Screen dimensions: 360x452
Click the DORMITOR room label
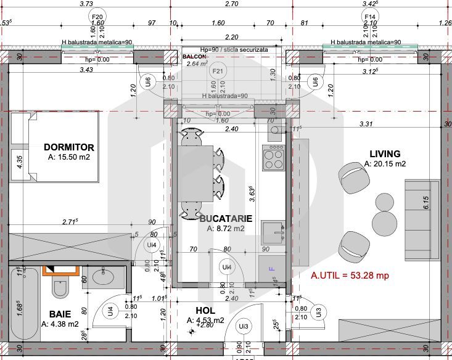tap(69, 147)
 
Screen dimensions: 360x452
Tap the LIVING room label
tap(385, 153)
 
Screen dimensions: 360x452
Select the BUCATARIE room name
tap(226, 218)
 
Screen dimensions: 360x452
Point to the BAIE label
tap(60, 314)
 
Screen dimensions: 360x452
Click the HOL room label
tap(205, 311)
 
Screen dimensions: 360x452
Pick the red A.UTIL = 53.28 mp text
tap(350, 276)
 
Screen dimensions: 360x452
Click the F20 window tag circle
tap(96, 17)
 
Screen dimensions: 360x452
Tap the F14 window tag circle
tap(371, 17)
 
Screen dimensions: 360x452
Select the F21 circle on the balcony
tap(217, 72)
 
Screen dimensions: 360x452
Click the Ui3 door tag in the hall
tap(244, 326)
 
